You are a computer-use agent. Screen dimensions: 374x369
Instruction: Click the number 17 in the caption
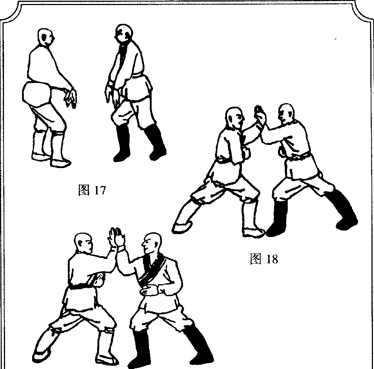coord(100,190)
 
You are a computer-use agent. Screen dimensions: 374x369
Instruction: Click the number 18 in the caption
coord(272,259)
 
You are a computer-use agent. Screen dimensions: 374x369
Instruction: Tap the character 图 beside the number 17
coord(84,190)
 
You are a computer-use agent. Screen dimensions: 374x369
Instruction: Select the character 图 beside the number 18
coord(256,259)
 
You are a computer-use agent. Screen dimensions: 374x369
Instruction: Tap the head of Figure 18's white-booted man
coord(234,118)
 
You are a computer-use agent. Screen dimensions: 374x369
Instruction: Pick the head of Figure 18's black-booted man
coord(287,114)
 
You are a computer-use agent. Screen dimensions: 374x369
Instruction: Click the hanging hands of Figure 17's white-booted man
coord(70,98)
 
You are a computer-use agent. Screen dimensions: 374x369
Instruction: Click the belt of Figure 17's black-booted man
coord(138,76)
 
